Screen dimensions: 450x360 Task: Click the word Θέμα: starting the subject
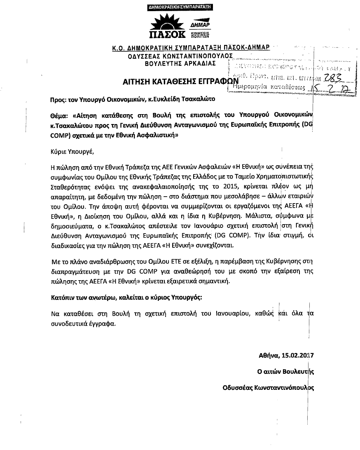[59, 116]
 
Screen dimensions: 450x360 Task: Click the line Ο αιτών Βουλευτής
[285, 371]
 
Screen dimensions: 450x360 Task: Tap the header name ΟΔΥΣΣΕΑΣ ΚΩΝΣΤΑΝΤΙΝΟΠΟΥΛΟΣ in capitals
[180, 56]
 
